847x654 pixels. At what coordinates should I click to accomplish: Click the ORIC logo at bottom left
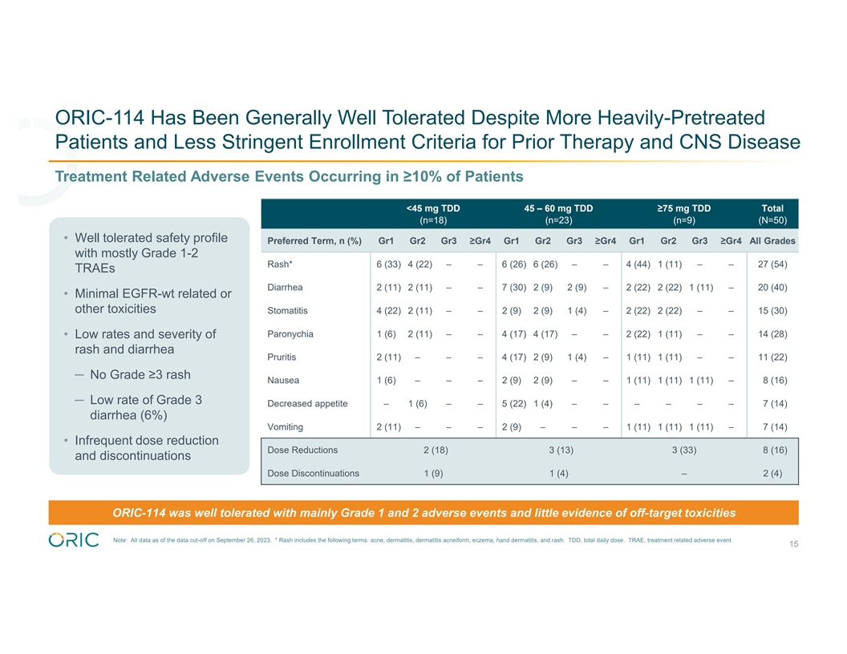pyautogui.click(x=74, y=539)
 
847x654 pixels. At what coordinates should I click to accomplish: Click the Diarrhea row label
pyautogui.click(x=285, y=288)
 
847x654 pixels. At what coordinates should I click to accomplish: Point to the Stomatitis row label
pyautogui.click(x=287, y=311)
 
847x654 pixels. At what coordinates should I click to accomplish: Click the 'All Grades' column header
pyautogui.click(x=772, y=240)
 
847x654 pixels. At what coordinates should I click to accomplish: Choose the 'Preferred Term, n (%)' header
pyautogui.click(x=314, y=240)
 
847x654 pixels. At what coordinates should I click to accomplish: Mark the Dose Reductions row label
pyautogui.click(x=302, y=450)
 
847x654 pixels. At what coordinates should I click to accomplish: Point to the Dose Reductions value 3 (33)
pyautogui.click(x=683, y=450)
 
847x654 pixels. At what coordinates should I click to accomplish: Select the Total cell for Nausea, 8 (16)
pyautogui.click(x=772, y=381)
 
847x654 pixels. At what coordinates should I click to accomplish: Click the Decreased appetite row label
pyautogui.click(x=307, y=403)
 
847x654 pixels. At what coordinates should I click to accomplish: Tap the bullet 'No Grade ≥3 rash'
pyautogui.click(x=140, y=375)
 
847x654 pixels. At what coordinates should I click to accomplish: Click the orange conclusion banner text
pyautogui.click(x=423, y=512)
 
